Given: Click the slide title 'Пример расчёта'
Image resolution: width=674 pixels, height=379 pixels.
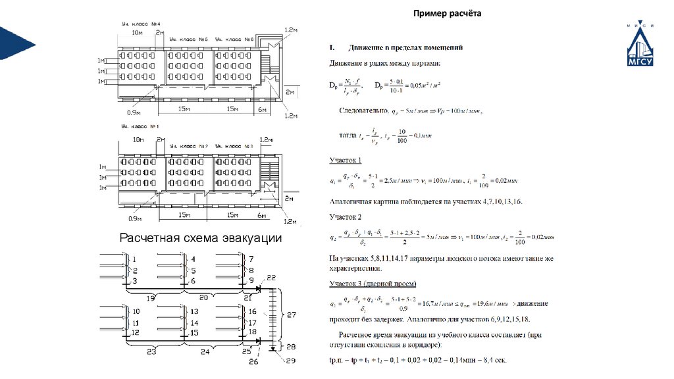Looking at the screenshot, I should pyautogui.click(x=448, y=13).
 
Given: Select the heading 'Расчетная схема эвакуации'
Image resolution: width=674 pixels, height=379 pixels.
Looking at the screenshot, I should pyautogui.click(x=200, y=238).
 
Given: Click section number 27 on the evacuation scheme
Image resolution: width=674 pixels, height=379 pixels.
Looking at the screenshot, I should pyautogui.click(x=292, y=315).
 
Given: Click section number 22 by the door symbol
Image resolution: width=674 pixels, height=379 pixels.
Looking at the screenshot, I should pyautogui.click(x=272, y=278).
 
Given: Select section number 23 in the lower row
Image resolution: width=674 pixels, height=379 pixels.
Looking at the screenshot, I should pyautogui.click(x=151, y=352).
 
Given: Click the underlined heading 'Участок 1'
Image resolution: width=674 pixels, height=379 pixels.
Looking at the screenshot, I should pyautogui.click(x=346, y=160).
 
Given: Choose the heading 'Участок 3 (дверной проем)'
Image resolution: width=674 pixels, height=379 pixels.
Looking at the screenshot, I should pyautogui.click(x=373, y=284).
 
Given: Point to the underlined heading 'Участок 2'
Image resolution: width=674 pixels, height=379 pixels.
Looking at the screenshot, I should pyautogui.click(x=346, y=216).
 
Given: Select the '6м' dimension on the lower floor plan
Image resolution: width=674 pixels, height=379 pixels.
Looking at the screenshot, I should pyautogui.click(x=262, y=216).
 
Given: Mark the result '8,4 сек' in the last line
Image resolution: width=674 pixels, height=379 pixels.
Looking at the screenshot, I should pyautogui.click(x=492, y=361).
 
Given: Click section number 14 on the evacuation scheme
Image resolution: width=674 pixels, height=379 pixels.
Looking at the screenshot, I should pyautogui.click(x=194, y=323).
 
